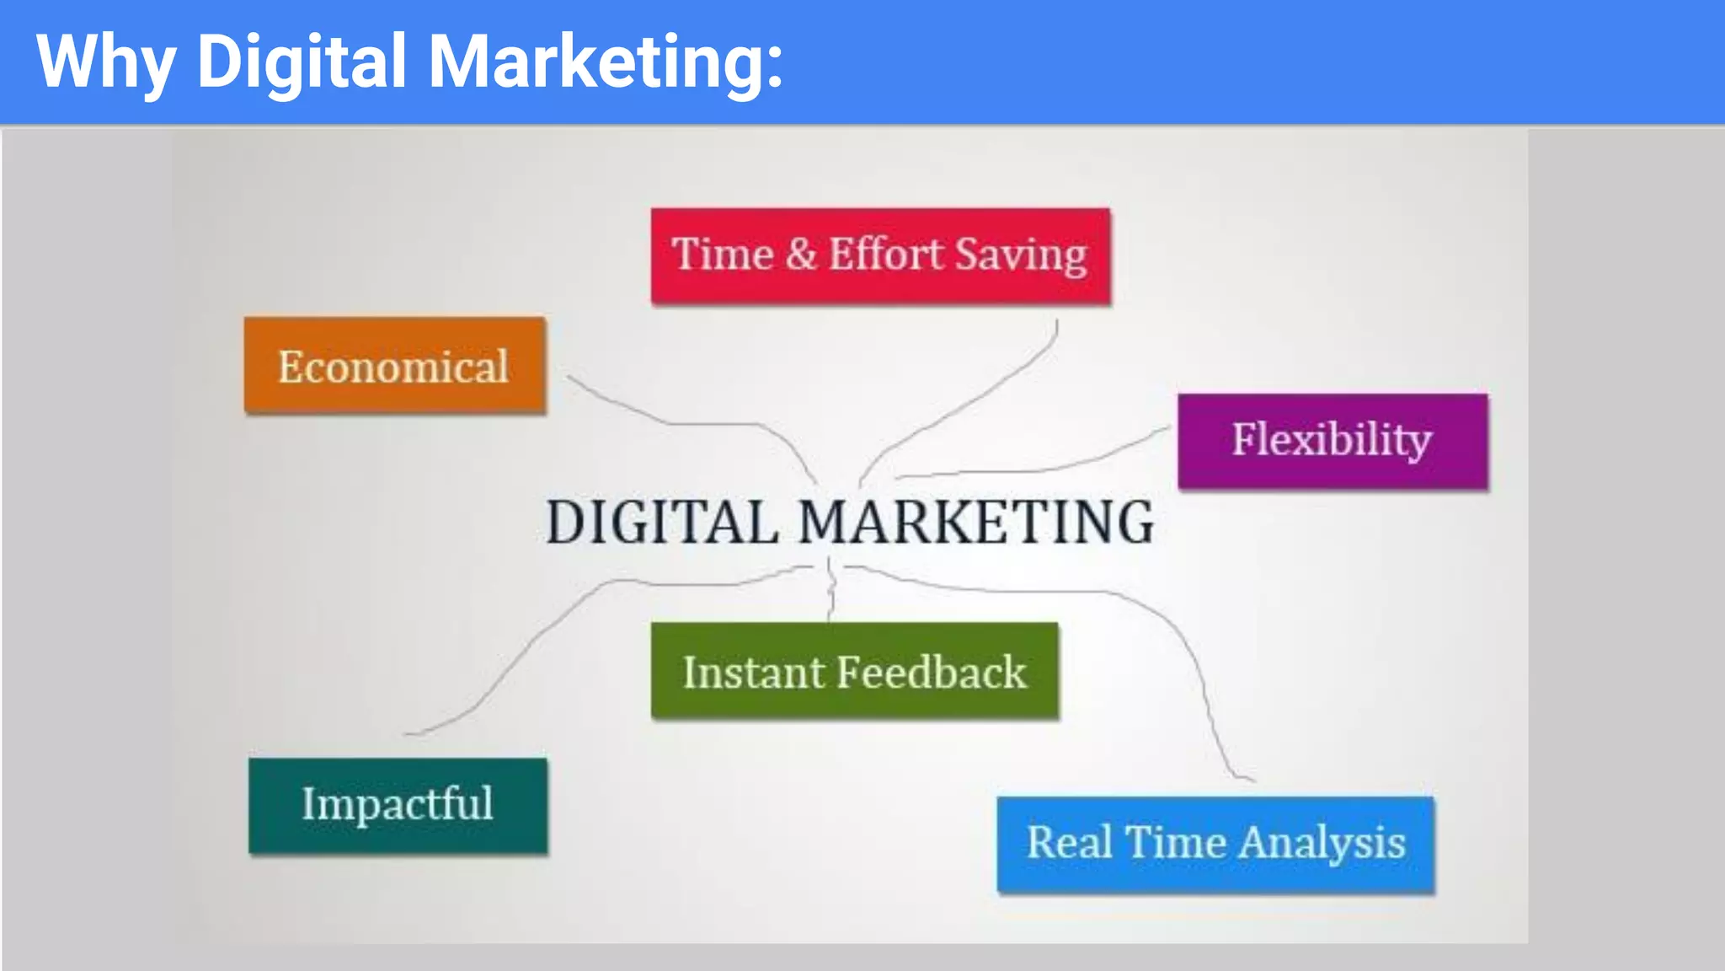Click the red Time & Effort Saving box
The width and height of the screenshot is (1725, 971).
click(x=880, y=256)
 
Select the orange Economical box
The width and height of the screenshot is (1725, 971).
click(x=394, y=366)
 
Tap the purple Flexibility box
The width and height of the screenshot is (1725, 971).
click(x=1332, y=441)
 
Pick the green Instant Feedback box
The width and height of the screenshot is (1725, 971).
click(x=854, y=671)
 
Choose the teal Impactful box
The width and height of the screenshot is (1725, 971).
click(x=398, y=805)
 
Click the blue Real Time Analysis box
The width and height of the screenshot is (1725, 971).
click(x=1215, y=843)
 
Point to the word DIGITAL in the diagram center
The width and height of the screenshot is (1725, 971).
click(x=662, y=522)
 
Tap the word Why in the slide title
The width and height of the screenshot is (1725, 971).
click(x=105, y=62)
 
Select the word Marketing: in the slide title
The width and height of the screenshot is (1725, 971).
click(x=606, y=62)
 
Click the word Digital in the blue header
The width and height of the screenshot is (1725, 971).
click(x=302, y=62)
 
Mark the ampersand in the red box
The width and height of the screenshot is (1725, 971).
click(x=801, y=254)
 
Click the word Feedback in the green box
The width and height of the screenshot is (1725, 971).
click(x=932, y=672)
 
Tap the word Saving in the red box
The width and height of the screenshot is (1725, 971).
click(x=1021, y=255)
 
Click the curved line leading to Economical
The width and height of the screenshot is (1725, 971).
click(x=674, y=422)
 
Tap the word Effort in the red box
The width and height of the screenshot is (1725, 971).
click(x=886, y=254)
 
